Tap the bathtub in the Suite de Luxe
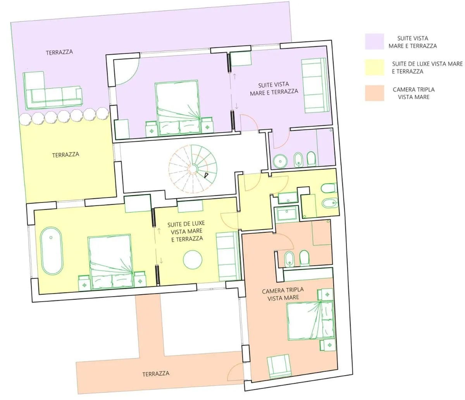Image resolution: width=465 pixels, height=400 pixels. (x=52, y=251)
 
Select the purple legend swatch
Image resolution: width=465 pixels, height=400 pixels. (x=374, y=41)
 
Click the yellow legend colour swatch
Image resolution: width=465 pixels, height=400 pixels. (x=374, y=67)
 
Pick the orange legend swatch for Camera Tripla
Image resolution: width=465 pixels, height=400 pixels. (x=374, y=93)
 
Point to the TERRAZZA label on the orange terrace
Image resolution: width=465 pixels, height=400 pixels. (x=156, y=374)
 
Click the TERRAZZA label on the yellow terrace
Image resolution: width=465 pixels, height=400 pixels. (x=65, y=155)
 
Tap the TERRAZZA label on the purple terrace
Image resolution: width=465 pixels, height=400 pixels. (x=59, y=52)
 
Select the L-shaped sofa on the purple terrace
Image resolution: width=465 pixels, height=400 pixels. (x=52, y=91)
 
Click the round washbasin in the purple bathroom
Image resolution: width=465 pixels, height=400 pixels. (x=280, y=161)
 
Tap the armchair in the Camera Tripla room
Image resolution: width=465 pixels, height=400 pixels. (x=279, y=366)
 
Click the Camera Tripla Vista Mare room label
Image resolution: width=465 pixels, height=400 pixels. (x=283, y=294)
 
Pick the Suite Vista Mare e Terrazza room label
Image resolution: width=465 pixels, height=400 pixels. (x=274, y=88)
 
